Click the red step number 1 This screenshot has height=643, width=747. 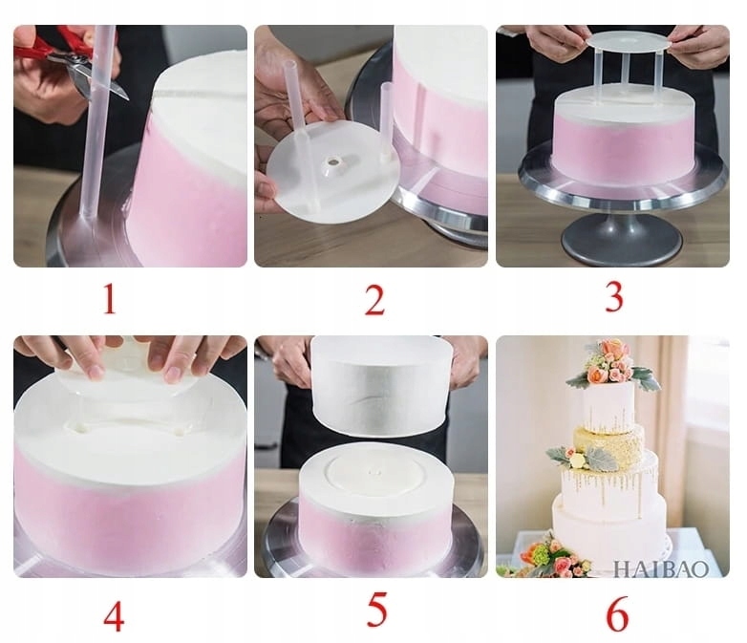tap(110, 298)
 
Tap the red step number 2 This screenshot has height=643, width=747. tap(374, 299)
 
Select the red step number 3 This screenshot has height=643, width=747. tap(613, 296)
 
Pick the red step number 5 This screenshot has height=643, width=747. tap(376, 611)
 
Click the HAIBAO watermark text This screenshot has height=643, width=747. tap(660, 568)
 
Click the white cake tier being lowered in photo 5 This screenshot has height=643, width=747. tap(381, 385)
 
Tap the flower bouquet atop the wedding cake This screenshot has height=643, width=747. tap(611, 364)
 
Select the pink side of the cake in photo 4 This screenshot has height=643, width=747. tap(130, 515)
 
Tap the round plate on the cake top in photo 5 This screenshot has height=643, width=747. tap(375, 472)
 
